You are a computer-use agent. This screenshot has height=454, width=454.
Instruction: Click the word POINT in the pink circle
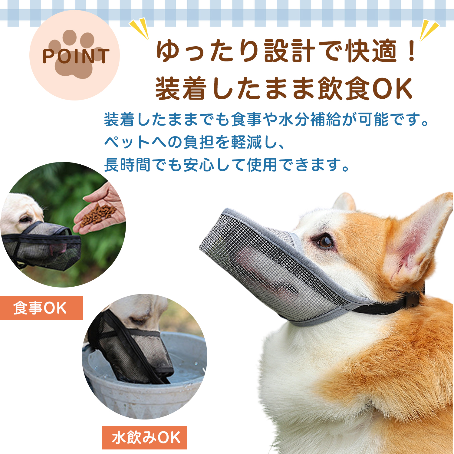coord(76,56)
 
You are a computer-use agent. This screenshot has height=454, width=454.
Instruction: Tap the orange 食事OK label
coord(41,308)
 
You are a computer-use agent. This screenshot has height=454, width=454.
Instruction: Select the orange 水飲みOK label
coord(144,438)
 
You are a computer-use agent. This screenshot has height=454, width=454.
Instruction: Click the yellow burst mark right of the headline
coord(429,30)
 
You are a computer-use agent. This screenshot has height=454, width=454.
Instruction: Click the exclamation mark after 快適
coord(411,51)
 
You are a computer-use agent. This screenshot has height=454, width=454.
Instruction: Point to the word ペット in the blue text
coord(127,142)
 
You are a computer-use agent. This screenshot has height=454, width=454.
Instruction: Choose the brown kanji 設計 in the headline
coord(289,51)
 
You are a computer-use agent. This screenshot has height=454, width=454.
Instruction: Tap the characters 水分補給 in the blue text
coord(309,120)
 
